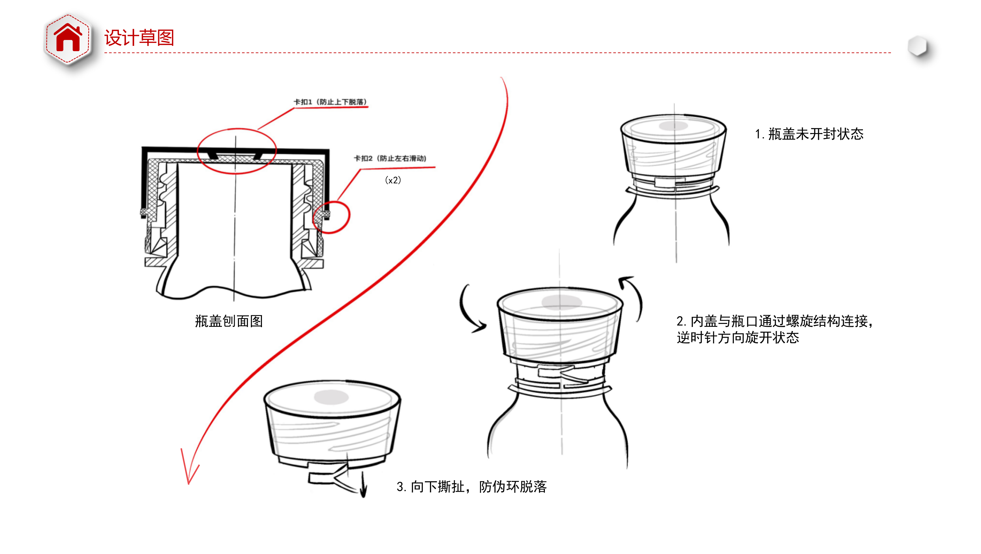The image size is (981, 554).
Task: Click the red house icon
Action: tap(68, 38)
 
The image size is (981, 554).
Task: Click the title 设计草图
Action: tap(139, 38)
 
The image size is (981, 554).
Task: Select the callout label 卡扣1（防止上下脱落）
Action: tap(330, 102)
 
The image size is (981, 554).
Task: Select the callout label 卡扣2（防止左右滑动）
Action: tap(390, 158)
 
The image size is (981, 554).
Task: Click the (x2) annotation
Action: tap(393, 180)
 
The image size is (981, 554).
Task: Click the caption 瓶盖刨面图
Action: tap(229, 321)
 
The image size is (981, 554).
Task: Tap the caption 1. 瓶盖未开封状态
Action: tap(809, 134)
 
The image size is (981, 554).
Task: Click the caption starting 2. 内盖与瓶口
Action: tap(775, 329)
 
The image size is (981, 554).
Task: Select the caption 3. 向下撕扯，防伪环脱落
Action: tap(472, 486)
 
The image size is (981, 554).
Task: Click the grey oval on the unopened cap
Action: tap(673, 126)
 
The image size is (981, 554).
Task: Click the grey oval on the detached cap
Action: tap(331, 397)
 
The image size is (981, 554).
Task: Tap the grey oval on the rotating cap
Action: tap(561, 302)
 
